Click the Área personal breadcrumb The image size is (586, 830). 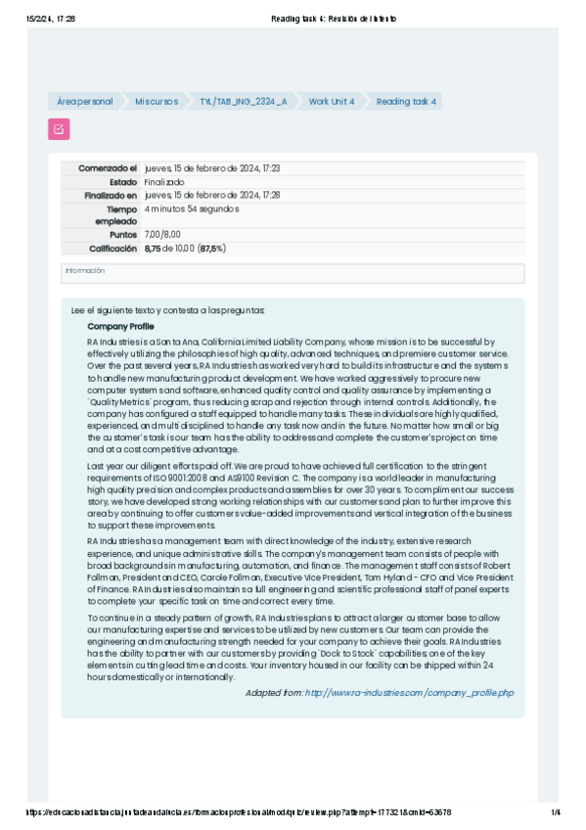click(x=84, y=102)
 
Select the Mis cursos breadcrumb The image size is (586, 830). click(x=157, y=102)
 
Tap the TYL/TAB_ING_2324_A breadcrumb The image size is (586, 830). click(x=243, y=102)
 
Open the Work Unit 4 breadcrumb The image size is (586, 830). click(x=332, y=102)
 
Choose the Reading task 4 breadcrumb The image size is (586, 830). click(x=407, y=102)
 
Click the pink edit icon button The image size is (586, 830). click(x=59, y=128)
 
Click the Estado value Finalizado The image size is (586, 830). click(x=164, y=182)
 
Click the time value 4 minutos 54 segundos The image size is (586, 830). click(x=192, y=208)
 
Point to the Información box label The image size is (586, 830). click(x=84, y=270)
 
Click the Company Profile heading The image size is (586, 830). click(x=120, y=326)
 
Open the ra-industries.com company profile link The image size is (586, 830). click(x=409, y=693)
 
